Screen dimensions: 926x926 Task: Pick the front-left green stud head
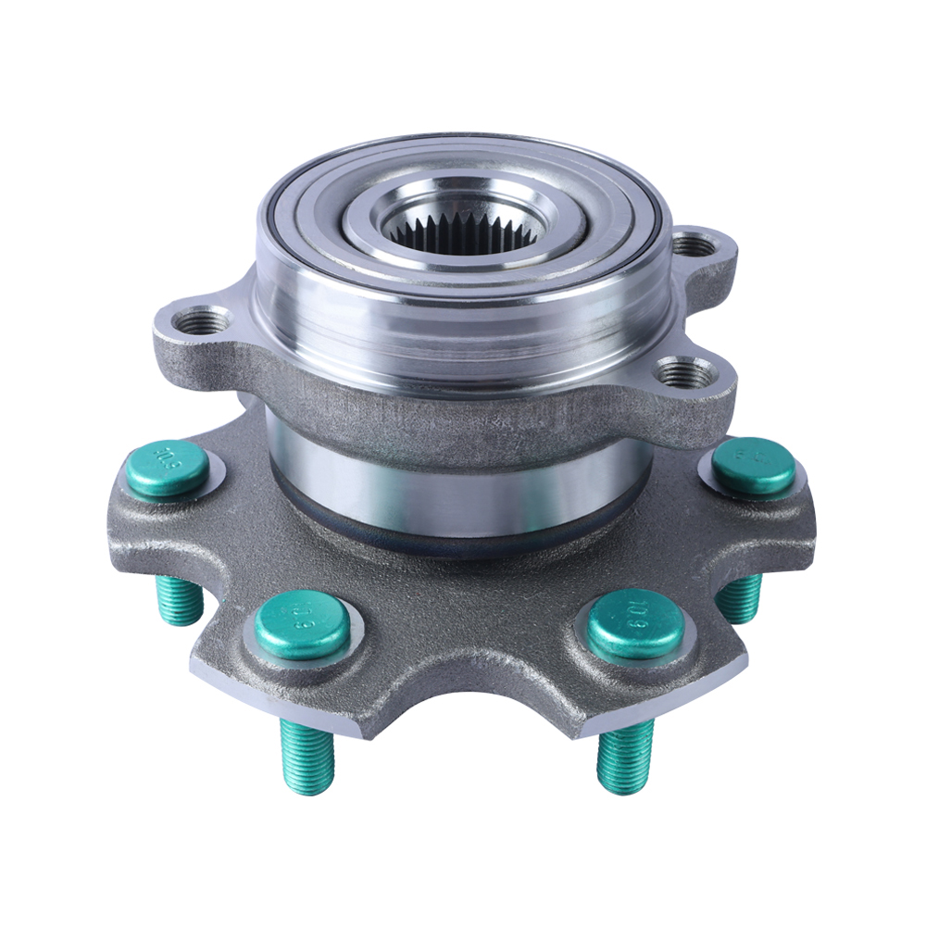(302, 626)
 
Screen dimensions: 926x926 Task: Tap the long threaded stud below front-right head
(624, 756)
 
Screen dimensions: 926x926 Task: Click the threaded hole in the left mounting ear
(201, 321)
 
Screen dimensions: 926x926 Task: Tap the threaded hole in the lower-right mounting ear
(687, 373)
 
